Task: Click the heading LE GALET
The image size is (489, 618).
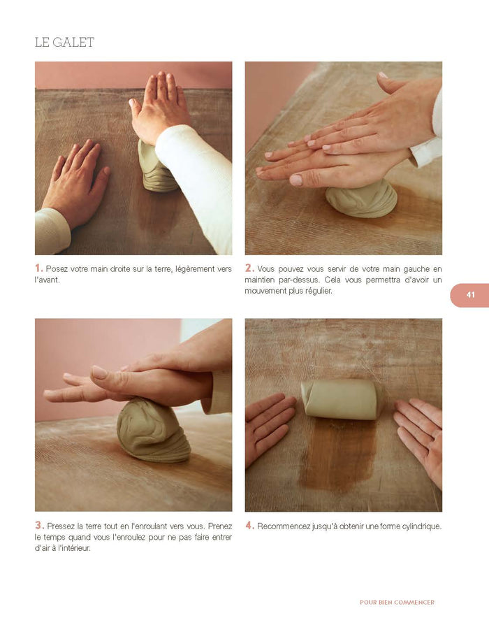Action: [64, 42]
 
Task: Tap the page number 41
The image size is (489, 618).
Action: [471, 295]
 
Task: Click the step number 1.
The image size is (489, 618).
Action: [38, 268]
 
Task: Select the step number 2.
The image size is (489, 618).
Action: [249, 268]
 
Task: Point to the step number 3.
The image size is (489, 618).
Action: [39, 526]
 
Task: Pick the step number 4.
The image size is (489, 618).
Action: [249, 526]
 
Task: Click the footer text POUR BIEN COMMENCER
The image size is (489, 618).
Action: [397, 602]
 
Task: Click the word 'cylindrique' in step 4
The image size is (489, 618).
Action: [422, 526]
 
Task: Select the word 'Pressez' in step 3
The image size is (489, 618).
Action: [61, 526]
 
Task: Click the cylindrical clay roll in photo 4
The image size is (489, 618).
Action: [340, 399]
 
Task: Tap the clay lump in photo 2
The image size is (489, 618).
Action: [361, 199]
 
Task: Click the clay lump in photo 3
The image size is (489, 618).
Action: [152, 431]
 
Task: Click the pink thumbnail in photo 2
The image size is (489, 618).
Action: [295, 180]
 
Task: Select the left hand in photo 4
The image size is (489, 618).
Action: [270, 428]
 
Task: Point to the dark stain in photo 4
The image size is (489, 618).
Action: [337, 452]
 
